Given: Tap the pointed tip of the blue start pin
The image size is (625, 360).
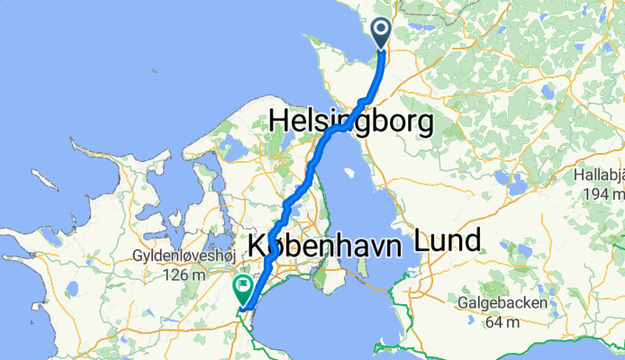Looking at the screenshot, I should point(381,50).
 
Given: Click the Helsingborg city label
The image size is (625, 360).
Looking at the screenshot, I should point(352,121).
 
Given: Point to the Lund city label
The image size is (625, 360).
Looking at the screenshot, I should point(448,240).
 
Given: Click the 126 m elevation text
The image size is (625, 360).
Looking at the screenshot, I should point(183,274).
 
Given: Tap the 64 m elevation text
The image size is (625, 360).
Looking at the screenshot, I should point(501,321).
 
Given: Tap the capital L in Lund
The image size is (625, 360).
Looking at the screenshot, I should point(421,240).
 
